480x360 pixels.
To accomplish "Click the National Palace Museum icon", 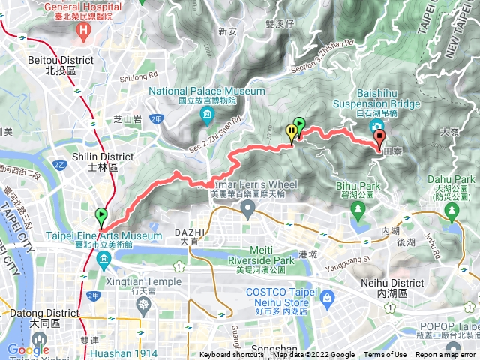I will [207, 113].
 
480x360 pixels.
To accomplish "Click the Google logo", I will [28, 349].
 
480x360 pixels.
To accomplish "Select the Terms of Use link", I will [385, 355].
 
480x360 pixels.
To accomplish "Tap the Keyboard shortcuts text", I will [232, 355].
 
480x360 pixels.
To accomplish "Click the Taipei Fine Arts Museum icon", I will [103, 259].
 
